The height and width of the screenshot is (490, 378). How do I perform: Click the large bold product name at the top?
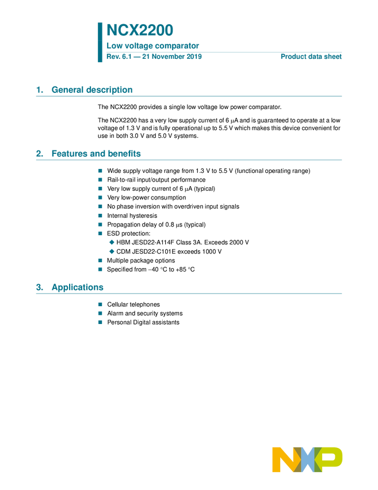(x=140, y=30)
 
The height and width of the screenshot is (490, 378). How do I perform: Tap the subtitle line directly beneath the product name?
(x=152, y=47)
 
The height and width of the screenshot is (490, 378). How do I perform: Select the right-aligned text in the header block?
(x=311, y=56)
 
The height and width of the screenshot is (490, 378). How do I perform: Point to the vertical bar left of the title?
(x=99, y=42)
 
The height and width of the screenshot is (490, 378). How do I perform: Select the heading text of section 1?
(x=92, y=90)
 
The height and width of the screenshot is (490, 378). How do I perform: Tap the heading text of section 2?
(x=97, y=154)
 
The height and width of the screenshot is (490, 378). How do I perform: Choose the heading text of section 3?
(x=78, y=288)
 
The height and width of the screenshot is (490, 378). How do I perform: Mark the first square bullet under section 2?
(x=100, y=171)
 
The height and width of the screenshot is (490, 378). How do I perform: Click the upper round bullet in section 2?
(x=112, y=242)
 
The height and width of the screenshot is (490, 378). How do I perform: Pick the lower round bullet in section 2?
(x=112, y=251)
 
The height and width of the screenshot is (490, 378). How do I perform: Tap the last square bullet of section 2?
(x=100, y=269)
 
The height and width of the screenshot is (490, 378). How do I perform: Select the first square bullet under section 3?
(x=100, y=303)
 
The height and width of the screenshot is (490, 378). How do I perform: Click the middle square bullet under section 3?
(x=100, y=312)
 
